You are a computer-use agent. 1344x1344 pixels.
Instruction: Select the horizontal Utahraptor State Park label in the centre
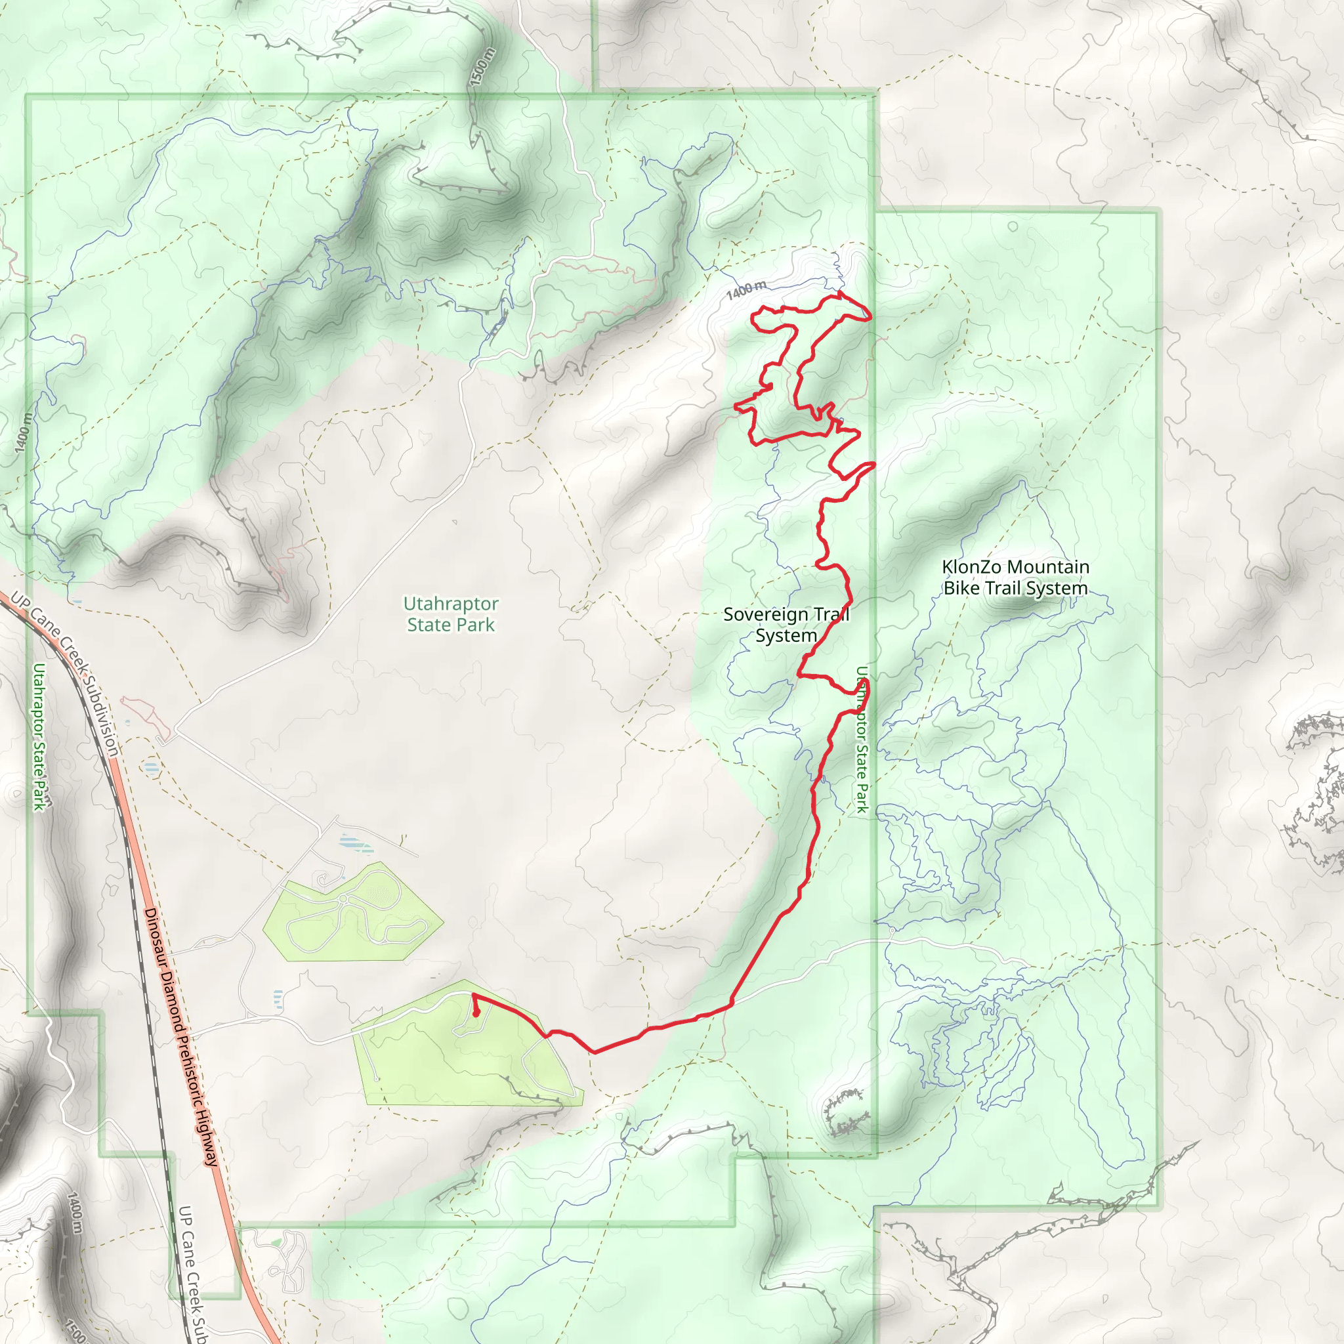(x=451, y=614)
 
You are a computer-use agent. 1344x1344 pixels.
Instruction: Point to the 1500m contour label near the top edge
(x=482, y=67)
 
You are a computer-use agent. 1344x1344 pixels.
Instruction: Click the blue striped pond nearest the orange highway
(x=151, y=768)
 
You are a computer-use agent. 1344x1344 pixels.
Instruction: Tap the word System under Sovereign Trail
(x=786, y=636)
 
